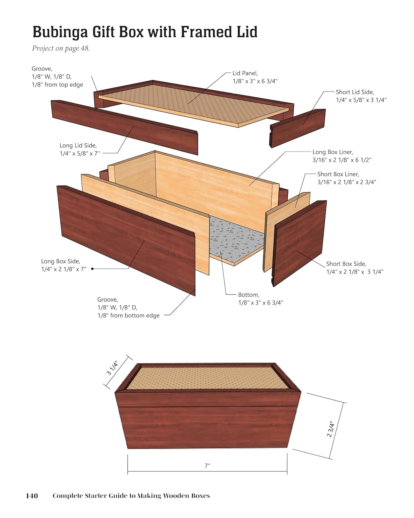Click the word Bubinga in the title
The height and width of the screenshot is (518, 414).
pyautogui.click(x=60, y=32)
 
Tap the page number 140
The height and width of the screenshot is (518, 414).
pyautogui.click(x=32, y=496)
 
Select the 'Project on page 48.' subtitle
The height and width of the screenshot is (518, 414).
pyautogui.click(x=61, y=48)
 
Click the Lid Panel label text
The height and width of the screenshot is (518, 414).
pyautogui.click(x=255, y=77)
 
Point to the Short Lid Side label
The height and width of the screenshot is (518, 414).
pyautogui.click(x=361, y=96)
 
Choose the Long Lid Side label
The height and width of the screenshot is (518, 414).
pyautogui.click(x=80, y=149)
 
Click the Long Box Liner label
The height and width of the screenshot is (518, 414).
pyautogui.click(x=342, y=156)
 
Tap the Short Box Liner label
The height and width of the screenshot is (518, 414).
pyautogui.click(x=347, y=178)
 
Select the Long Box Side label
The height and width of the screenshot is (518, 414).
pyautogui.click(x=64, y=265)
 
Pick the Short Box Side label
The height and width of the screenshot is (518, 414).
pyautogui.click(x=355, y=268)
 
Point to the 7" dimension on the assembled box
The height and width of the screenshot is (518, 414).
pyautogui.click(x=207, y=466)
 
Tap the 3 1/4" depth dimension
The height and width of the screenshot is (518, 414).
pyautogui.click(x=112, y=368)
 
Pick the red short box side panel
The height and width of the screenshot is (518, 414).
pyautogui.click(x=299, y=243)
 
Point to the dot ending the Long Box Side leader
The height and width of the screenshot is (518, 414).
pyautogui.click(x=92, y=269)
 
